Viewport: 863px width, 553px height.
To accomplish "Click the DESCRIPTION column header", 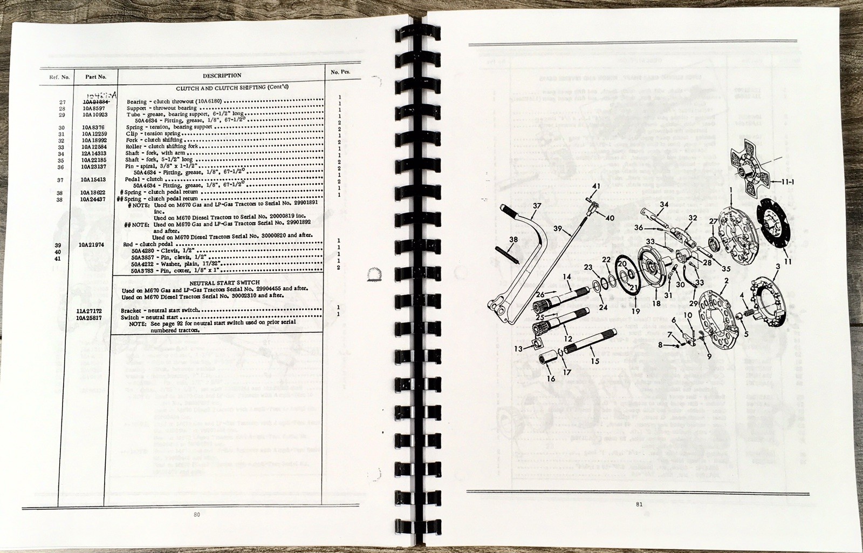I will pos(222,76).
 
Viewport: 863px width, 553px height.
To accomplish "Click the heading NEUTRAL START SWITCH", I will pos(216,282).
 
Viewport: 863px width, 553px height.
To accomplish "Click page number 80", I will pos(196,515).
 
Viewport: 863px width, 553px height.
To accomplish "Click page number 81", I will pos(639,504).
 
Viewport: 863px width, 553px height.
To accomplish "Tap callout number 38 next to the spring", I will pos(513,239).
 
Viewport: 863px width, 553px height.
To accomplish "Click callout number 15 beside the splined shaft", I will pos(595,361).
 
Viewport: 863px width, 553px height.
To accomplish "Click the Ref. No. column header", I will pos(60,77).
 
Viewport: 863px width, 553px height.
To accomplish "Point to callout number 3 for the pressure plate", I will pos(778,266).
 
